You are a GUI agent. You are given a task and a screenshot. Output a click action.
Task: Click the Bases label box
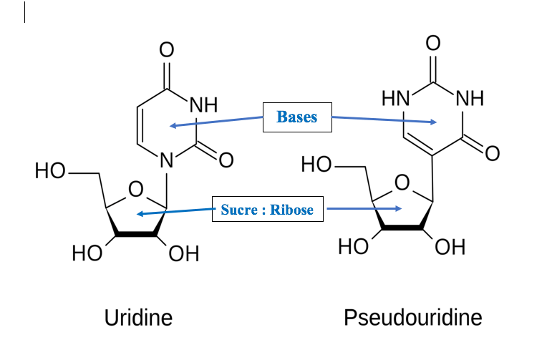(296, 117)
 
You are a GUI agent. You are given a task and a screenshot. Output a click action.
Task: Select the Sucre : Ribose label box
(267, 211)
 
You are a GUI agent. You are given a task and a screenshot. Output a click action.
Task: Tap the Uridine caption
(138, 317)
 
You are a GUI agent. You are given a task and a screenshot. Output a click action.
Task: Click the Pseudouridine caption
(413, 317)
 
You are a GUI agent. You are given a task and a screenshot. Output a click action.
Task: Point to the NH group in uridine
(203, 105)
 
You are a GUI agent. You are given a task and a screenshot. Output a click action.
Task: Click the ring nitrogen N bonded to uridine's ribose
(168, 162)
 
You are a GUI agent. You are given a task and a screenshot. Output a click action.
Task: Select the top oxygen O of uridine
(168, 49)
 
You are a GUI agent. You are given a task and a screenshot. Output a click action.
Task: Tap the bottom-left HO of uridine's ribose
(86, 254)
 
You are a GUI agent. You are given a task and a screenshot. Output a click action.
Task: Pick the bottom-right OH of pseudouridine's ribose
(450, 248)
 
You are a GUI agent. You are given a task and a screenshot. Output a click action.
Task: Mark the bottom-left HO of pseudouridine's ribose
(353, 248)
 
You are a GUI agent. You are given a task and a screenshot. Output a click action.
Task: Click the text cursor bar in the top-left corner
(24, 12)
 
